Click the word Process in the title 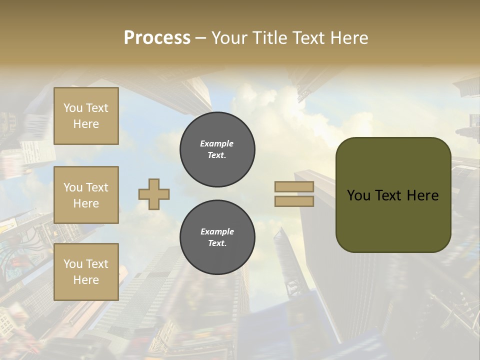[157, 38]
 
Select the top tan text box [86, 116]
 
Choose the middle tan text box [86, 195]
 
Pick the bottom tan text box [86, 272]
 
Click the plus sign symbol [154, 194]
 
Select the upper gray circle [217, 149]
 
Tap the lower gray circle [217, 237]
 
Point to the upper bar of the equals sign [294, 187]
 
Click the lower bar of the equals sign [294, 201]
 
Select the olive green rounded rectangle [393, 194]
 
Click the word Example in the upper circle [217, 143]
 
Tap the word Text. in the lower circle [217, 243]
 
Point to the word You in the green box [358, 195]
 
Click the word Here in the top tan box [86, 124]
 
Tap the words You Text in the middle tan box [86, 187]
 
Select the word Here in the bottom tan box [86, 280]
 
